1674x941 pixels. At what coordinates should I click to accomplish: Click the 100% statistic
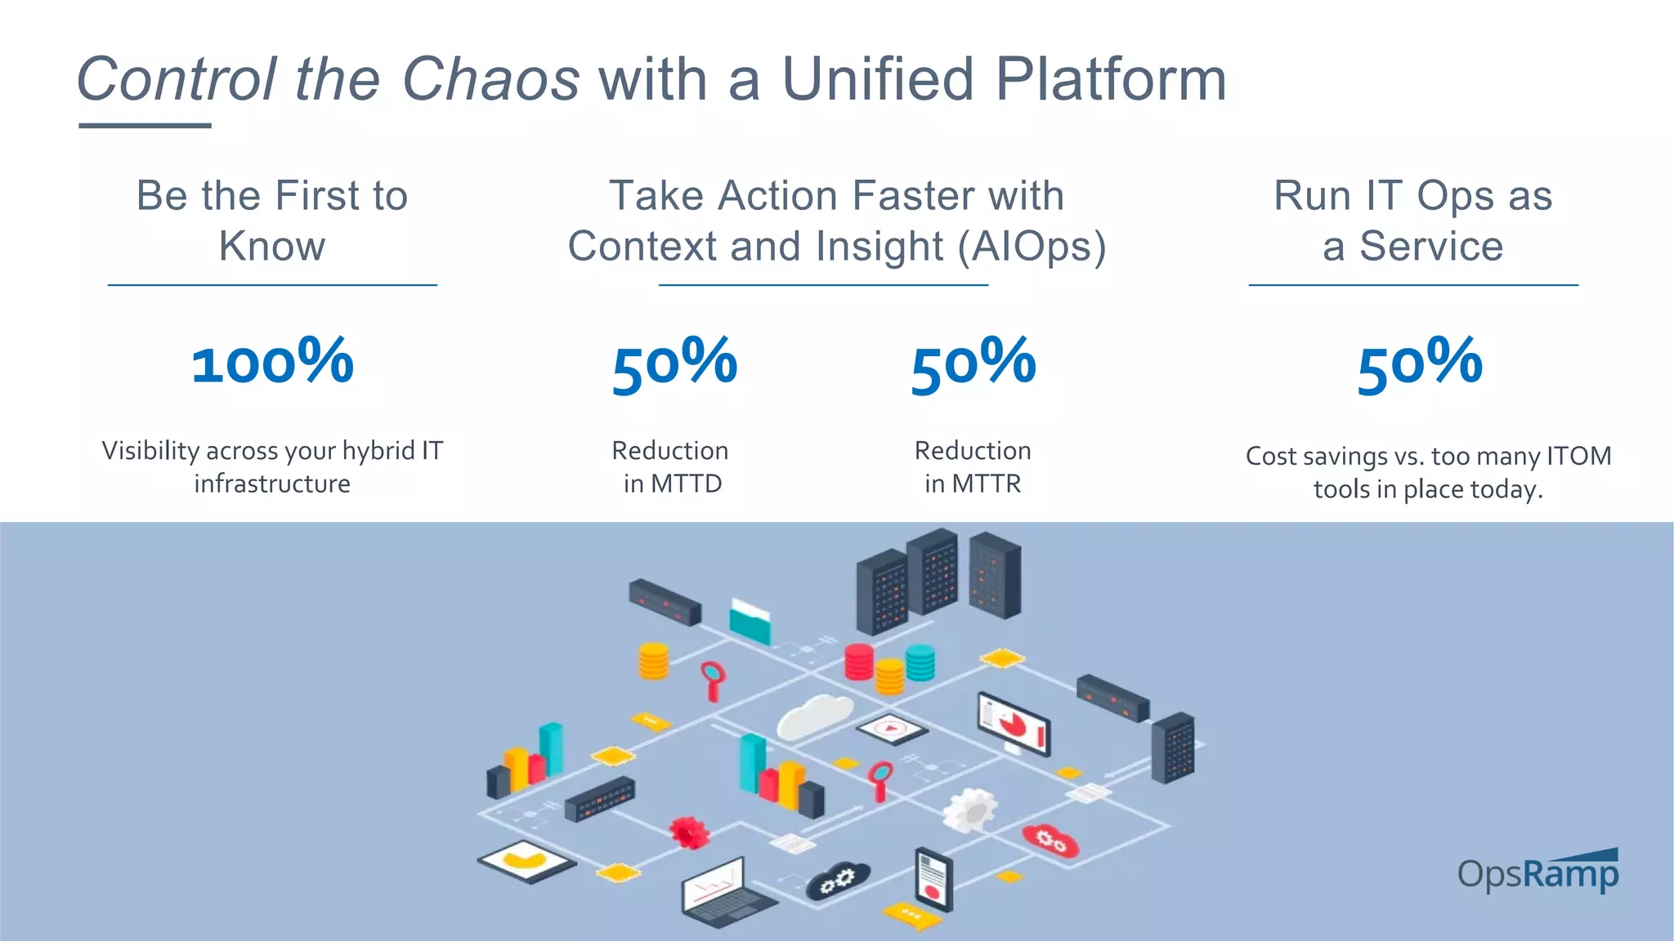click(x=272, y=362)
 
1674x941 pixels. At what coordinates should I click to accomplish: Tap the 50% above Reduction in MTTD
click(x=674, y=363)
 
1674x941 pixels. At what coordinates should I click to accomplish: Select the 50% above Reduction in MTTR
click(x=973, y=363)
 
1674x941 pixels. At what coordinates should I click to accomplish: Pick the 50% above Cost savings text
click(x=1420, y=363)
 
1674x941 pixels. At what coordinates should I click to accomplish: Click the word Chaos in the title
click(x=491, y=80)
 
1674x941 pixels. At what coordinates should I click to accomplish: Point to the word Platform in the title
click(x=1111, y=80)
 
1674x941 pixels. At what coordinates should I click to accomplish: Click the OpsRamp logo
click(x=1537, y=873)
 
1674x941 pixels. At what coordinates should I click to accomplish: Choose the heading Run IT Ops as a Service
click(x=1412, y=221)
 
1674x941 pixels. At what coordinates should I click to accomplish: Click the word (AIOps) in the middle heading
click(x=1032, y=247)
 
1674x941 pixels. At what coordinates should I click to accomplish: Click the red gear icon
click(x=689, y=832)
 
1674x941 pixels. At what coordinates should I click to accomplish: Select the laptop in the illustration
click(x=723, y=894)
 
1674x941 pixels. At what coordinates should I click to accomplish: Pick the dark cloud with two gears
click(x=838, y=881)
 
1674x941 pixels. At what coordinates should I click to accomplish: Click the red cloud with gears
click(x=1050, y=841)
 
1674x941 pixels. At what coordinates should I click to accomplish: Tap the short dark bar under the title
click(x=145, y=125)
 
